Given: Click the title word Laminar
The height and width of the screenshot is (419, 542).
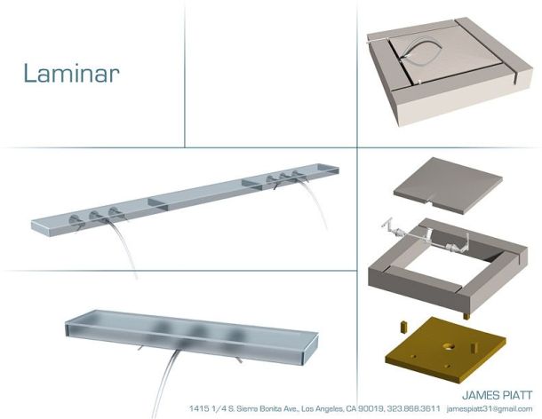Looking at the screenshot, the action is pyautogui.click(x=72, y=73).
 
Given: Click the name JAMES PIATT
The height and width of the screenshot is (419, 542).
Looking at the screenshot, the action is pyautogui.click(x=497, y=395).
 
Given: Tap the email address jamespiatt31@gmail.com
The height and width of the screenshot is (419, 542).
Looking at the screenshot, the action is pyautogui.click(x=490, y=409).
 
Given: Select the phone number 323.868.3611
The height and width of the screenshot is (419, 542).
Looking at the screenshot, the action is pyautogui.click(x=414, y=408).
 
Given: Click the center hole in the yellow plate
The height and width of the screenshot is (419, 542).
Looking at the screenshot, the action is pyautogui.click(x=450, y=346).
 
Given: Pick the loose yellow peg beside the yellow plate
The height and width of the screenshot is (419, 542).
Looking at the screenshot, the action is pyautogui.click(x=403, y=327).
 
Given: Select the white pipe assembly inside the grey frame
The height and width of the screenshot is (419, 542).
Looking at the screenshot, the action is pyautogui.click(x=426, y=237).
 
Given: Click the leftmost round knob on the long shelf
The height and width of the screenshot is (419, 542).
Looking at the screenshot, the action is pyautogui.click(x=75, y=218).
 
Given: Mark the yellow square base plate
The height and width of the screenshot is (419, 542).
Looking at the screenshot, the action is pyautogui.click(x=445, y=350).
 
